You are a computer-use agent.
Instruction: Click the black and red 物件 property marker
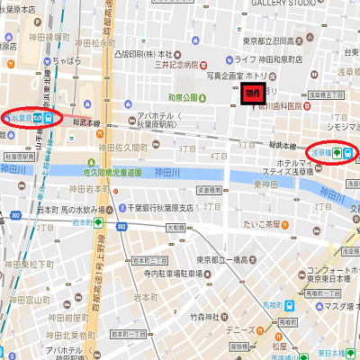pos(251,94)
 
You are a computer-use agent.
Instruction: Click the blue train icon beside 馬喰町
pos(290,305)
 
